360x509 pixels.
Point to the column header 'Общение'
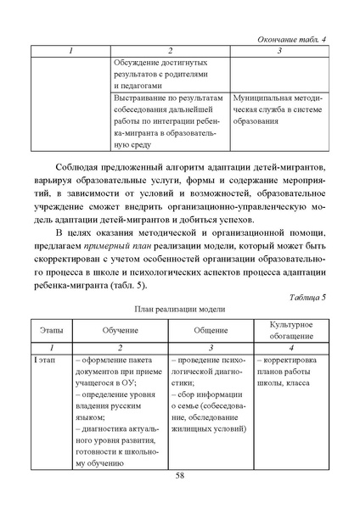209,327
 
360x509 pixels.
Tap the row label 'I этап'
45,361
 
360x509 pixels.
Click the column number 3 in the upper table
279,52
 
